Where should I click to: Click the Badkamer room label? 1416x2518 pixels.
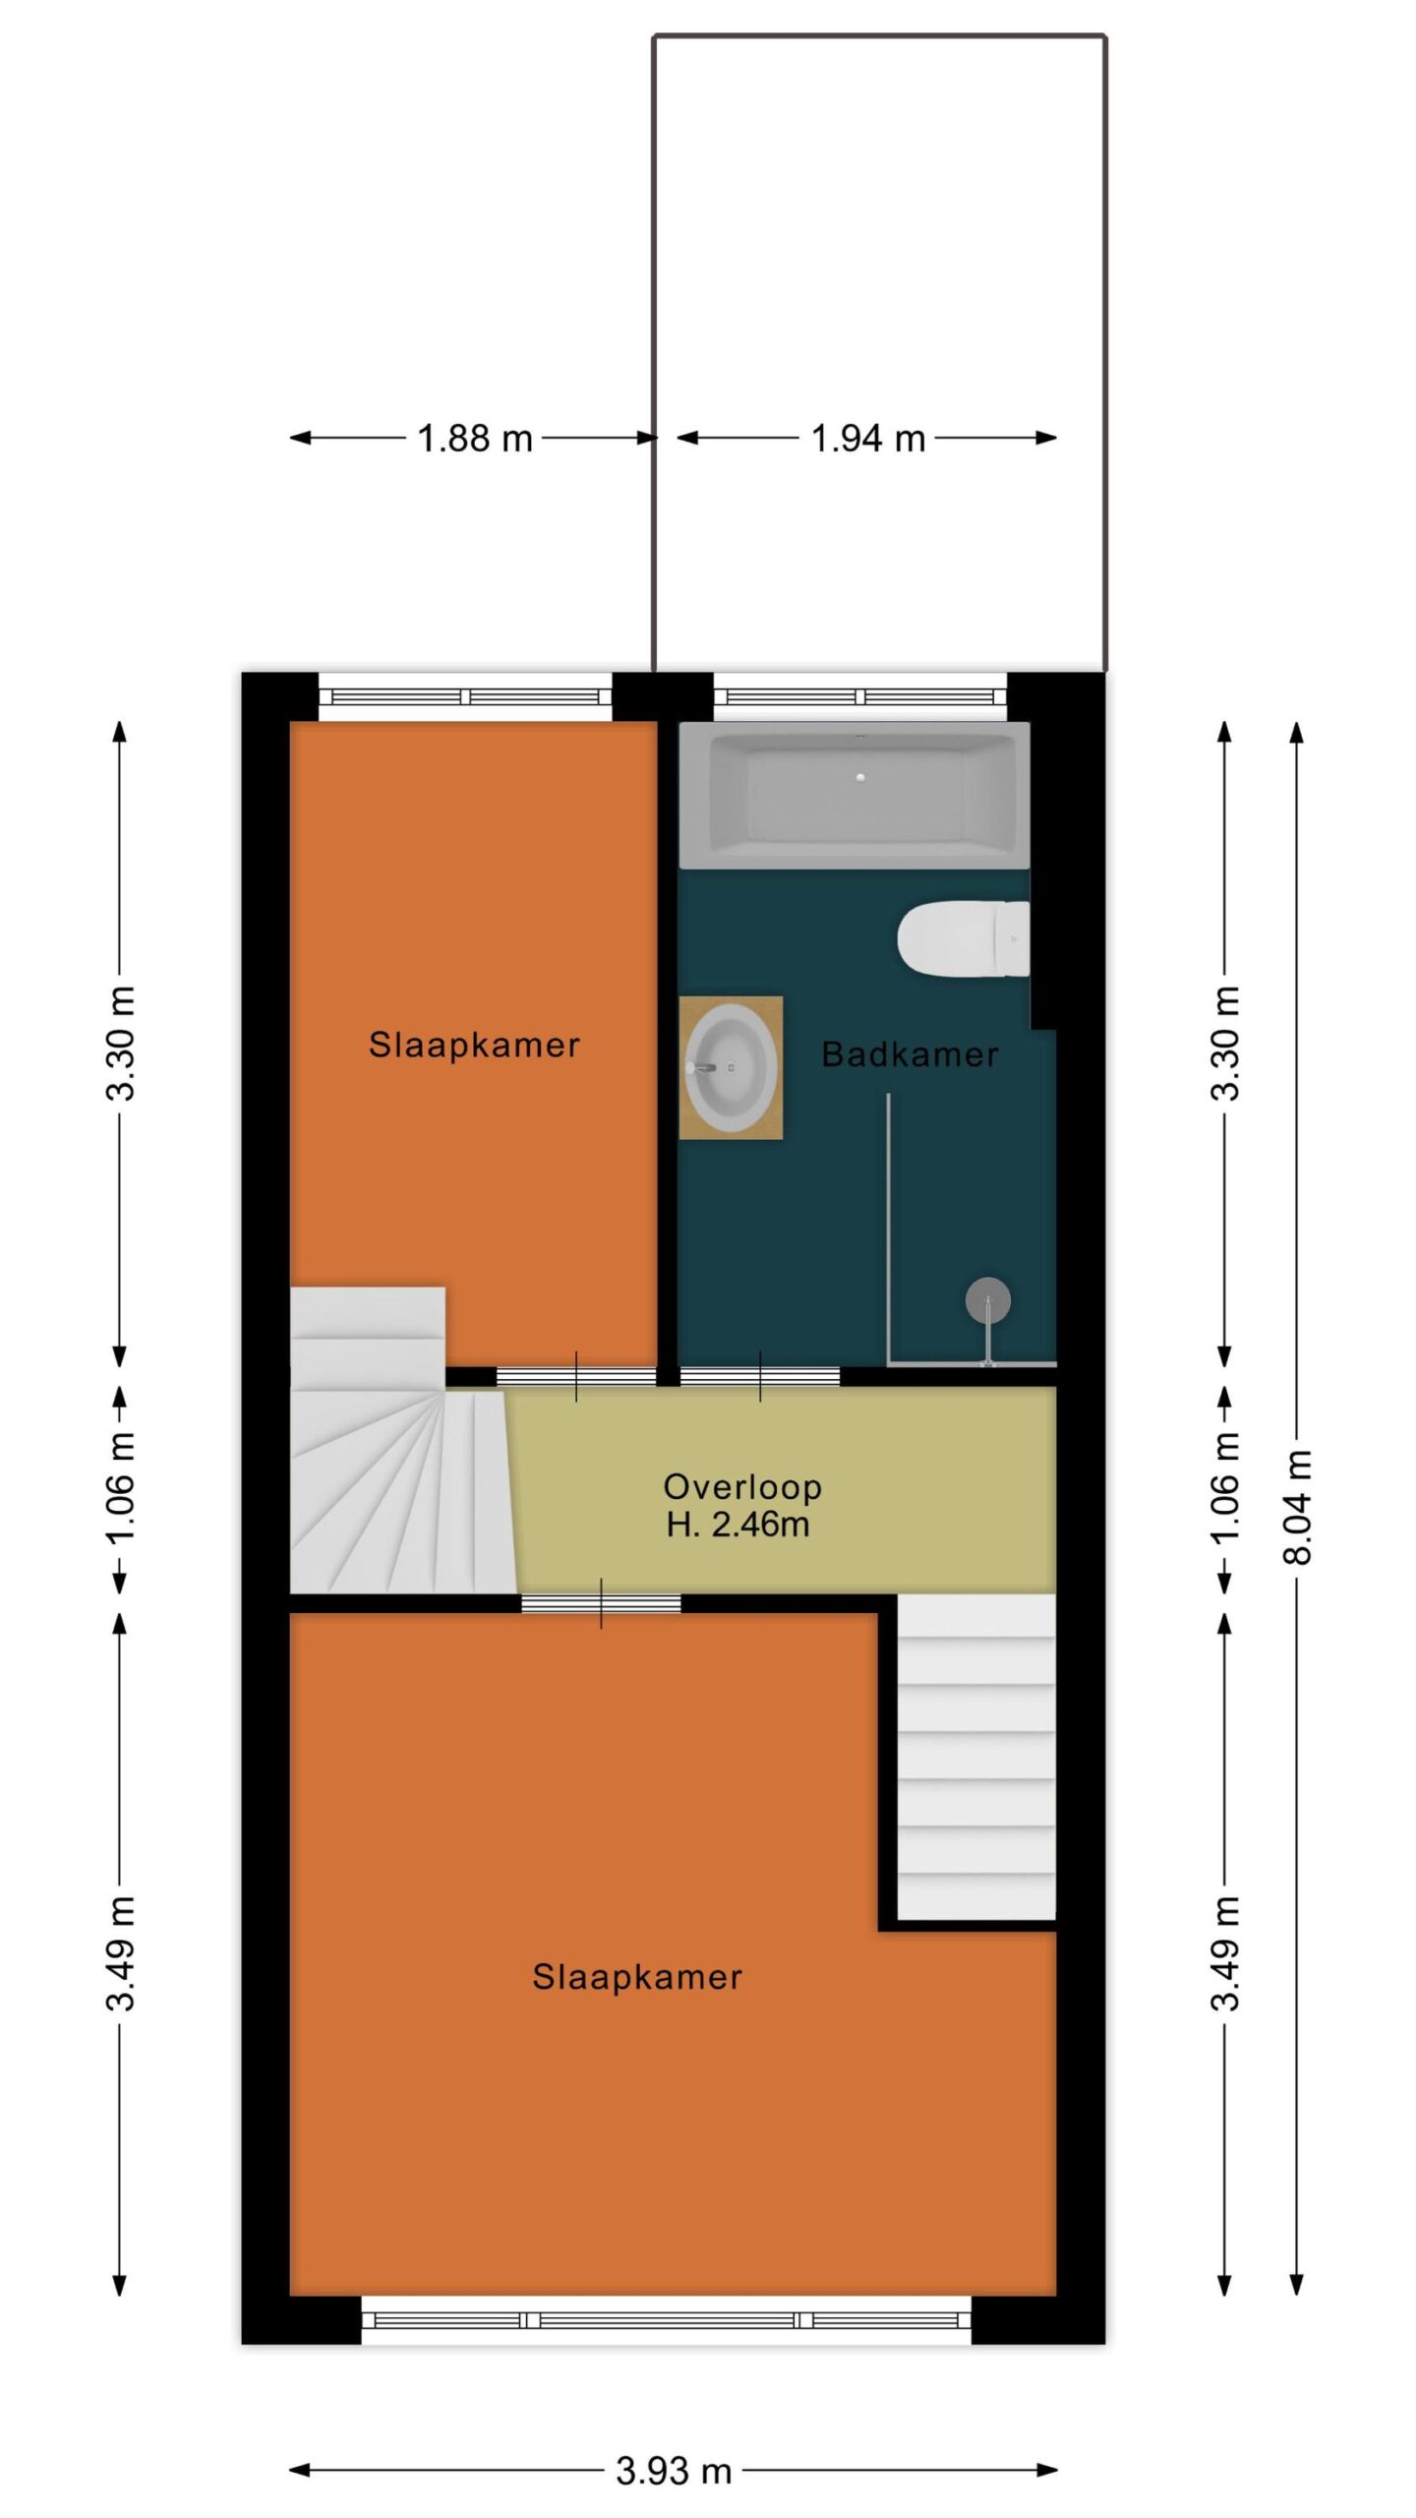click(910, 1054)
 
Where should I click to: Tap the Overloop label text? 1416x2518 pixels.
click(742, 1487)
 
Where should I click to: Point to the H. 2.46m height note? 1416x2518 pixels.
click(737, 1525)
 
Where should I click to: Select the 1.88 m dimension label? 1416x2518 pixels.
click(475, 439)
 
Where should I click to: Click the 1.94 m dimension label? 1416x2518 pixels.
click(868, 439)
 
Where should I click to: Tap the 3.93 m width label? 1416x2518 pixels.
click(674, 2471)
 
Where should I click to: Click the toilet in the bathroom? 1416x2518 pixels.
click(964, 938)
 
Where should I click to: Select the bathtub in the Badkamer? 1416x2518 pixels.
click(855, 796)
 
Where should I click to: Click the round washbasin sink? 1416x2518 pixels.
click(730, 1067)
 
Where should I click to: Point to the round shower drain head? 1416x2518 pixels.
click(988, 1301)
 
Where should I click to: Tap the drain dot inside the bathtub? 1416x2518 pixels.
click(860, 778)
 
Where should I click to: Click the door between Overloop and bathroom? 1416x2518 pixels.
click(760, 1376)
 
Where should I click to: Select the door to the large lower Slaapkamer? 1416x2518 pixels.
click(601, 1603)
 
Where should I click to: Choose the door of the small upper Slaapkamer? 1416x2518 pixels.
click(576, 1376)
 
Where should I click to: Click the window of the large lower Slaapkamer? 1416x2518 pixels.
click(666, 2320)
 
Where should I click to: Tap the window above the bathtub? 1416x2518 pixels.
click(860, 697)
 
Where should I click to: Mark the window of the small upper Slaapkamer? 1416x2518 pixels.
click(465, 697)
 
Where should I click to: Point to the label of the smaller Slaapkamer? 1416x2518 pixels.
click(474, 1045)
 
